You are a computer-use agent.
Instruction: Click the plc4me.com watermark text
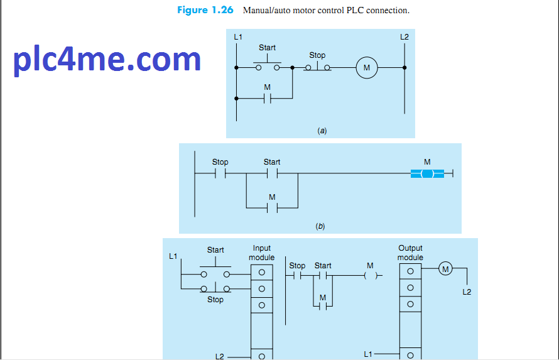coord(107,60)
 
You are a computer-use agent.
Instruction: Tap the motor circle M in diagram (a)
coord(366,68)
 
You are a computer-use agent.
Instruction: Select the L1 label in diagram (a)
coord(237,38)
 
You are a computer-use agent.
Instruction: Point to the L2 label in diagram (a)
coord(404,38)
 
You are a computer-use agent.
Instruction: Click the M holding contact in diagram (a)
coord(267,98)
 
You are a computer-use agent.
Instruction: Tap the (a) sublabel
coord(322,131)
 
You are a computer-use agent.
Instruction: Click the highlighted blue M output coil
coord(427,174)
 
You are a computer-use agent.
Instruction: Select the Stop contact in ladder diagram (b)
coord(220,174)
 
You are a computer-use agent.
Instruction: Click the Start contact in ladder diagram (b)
coord(272,174)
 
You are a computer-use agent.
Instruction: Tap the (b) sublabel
coord(320,226)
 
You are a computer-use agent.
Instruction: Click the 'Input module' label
coord(261,253)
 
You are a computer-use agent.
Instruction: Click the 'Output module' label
coord(410,253)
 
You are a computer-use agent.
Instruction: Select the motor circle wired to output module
coord(445,269)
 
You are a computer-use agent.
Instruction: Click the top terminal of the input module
coord(261,272)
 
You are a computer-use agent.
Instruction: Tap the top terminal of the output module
coord(410,271)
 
